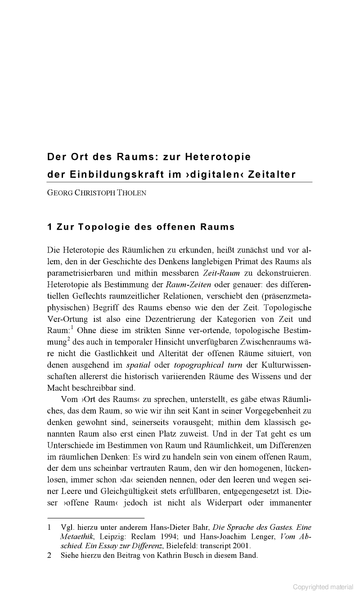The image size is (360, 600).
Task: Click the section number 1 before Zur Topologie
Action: (x=49, y=227)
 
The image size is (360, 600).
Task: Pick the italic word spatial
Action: (x=138, y=364)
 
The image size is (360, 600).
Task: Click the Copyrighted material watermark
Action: (x=323, y=586)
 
